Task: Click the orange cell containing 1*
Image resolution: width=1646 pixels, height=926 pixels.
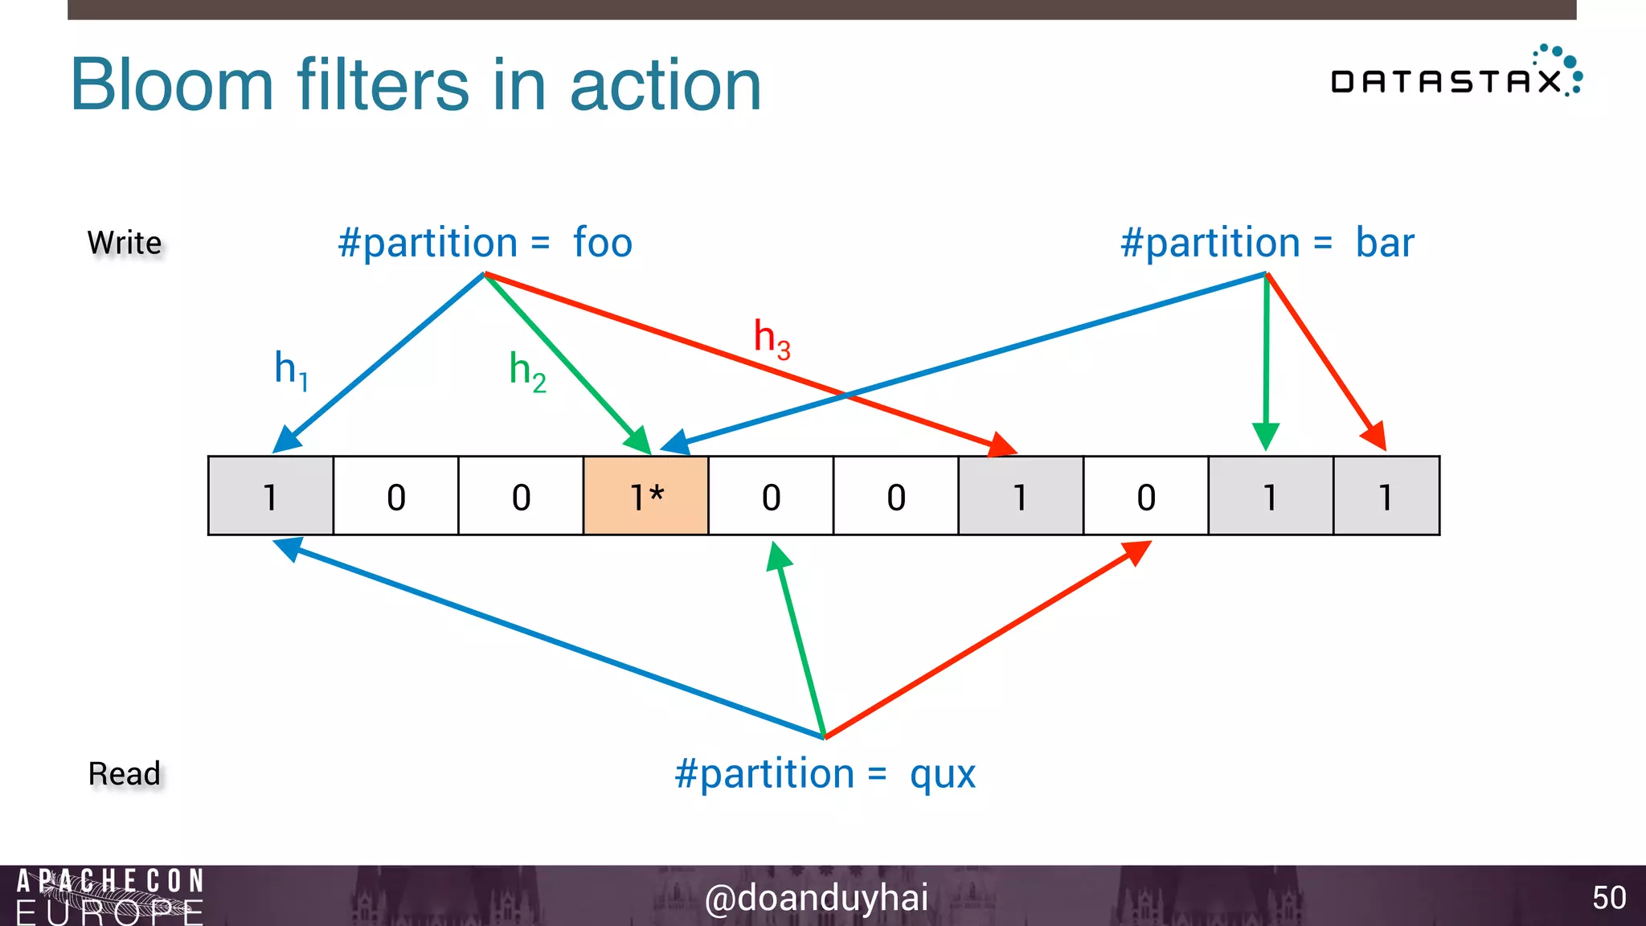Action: coord(645,496)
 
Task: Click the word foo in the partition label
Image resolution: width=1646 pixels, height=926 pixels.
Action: coord(603,243)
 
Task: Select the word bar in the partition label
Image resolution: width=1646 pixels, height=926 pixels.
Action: coord(1385,243)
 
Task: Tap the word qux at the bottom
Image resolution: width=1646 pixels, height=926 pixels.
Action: coord(942,775)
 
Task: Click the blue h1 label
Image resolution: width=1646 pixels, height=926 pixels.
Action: coord(291,369)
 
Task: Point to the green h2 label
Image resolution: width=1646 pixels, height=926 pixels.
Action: coord(527,371)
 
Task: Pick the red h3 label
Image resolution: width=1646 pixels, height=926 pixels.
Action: coord(772,338)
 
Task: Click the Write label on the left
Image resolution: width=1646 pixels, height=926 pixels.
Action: coord(125,243)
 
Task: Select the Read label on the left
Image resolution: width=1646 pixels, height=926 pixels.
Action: coord(125,774)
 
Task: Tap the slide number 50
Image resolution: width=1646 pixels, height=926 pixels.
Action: coord(1608,898)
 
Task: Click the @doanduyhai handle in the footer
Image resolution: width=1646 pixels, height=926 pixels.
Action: coord(817,898)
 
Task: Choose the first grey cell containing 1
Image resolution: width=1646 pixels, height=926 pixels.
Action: coord(271,496)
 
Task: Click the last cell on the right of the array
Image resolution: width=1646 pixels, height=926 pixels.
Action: coord(1386,496)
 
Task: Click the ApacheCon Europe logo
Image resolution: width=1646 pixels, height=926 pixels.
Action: coord(110,896)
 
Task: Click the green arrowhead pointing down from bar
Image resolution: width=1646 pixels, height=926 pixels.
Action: coord(1266,436)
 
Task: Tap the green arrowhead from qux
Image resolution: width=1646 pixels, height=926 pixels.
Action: coord(778,555)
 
